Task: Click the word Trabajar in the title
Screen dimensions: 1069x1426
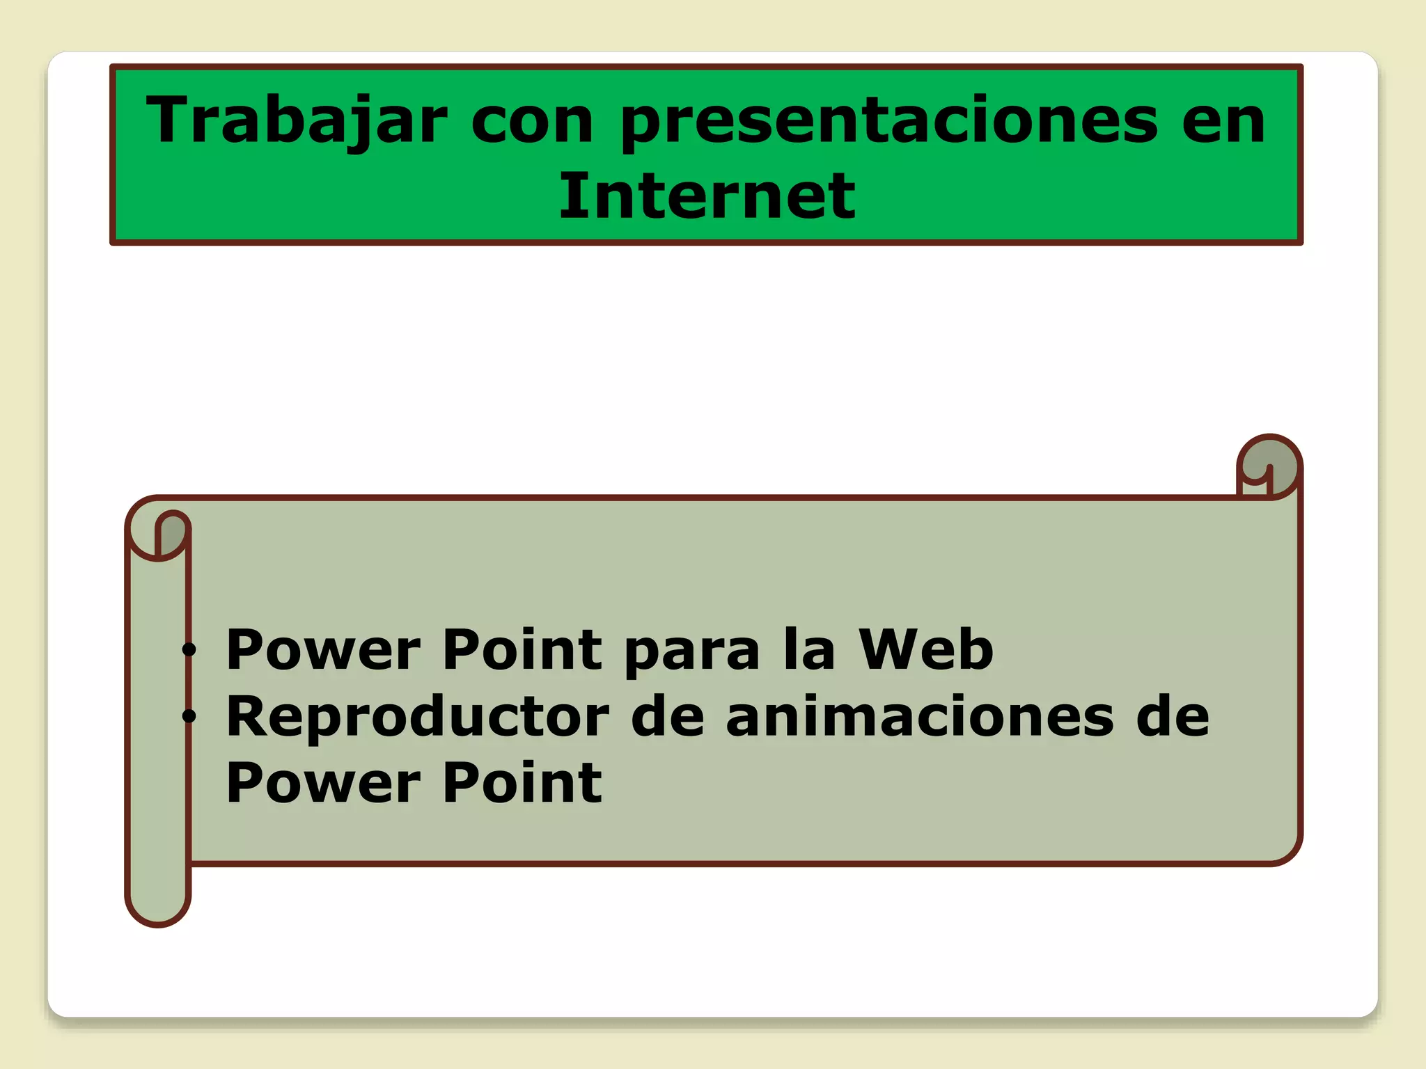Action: [x=296, y=120]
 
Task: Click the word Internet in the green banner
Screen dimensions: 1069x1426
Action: [x=707, y=196]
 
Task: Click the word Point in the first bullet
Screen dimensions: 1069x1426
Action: [x=522, y=649]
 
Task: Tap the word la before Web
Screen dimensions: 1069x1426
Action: [x=808, y=649]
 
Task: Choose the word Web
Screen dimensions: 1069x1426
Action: [x=925, y=649]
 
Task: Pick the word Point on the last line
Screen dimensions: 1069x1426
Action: [x=522, y=783]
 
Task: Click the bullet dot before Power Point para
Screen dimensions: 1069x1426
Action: [x=189, y=651]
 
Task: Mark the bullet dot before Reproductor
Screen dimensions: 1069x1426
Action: [x=189, y=716]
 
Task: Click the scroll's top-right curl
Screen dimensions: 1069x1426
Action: [x=1269, y=465]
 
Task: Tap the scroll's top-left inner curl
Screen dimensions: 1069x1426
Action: [x=171, y=532]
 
